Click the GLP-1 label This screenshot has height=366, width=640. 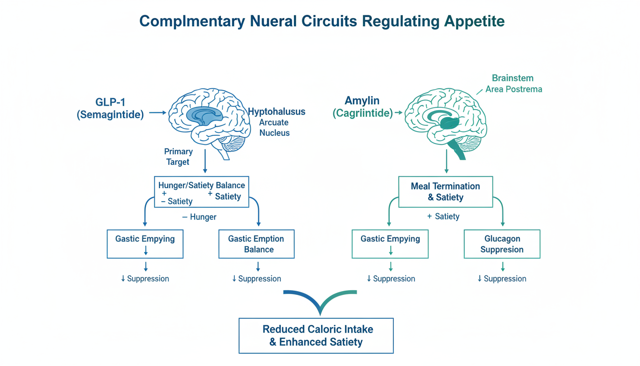(110, 102)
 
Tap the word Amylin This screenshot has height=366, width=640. (362, 101)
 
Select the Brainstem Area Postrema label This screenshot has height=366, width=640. (513, 83)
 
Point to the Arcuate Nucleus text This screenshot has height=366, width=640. (274, 128)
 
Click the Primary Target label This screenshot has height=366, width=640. (178, 157)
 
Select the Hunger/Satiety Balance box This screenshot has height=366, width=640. (202, 192)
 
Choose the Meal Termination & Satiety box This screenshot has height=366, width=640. (445, 192)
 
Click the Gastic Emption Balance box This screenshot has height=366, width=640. (256, 244)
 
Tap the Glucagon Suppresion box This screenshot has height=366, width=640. (502, 244)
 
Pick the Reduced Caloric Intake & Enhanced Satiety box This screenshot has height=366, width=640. (316, 335)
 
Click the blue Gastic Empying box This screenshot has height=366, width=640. (145, 244)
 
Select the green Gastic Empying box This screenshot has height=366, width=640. (390, 244)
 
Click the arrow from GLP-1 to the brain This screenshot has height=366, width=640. (157, 113)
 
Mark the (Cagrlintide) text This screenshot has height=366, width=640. (362, 113)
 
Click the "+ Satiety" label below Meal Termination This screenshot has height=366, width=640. (443, 216)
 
